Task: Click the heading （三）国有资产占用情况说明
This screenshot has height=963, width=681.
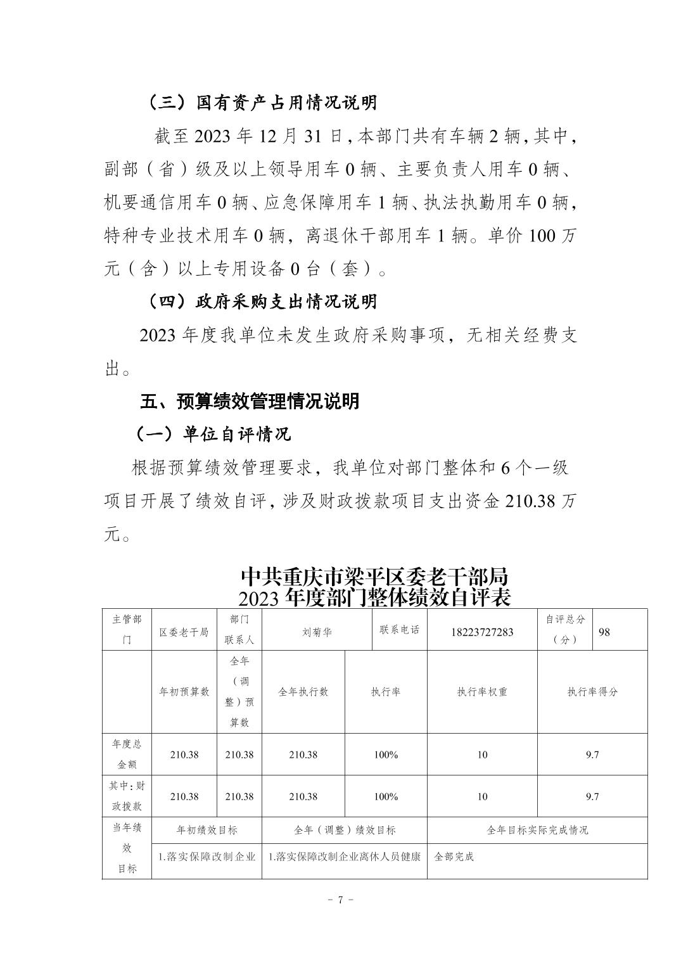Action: pyautogui.click(x=262, y=103)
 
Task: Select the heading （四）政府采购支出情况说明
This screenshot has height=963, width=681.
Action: pyautogui.click(x=262, y=302)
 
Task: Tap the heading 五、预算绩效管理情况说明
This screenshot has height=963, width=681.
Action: pyautogui.click(x=250, y=401)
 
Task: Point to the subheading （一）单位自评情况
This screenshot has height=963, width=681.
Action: pyautogui.click(x=213, y=434)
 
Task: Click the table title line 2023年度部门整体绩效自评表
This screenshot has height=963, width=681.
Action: pyautogui.click(x=374, y=597)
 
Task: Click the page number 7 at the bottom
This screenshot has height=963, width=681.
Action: pyautogui.click(x=340, y=900)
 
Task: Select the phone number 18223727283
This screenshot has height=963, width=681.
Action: pyautogui.click(x=482, y=632)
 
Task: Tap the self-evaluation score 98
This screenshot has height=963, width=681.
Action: pyautogui.click(x=604, y=632)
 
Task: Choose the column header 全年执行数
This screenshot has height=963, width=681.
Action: pyautogui.click(x=303, y=692)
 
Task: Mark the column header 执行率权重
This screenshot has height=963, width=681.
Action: pyautogui.click(x=482, y=692)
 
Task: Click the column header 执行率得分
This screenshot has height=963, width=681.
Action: pyautogui.click(x=592, y=692)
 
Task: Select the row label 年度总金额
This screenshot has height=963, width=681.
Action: pyautogui.click(x=127, y=755)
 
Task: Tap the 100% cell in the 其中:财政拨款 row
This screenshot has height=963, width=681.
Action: pyautogui.click(x=385, y=796)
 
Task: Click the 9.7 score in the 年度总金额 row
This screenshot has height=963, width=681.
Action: pyautogui.click(x=592, y=755)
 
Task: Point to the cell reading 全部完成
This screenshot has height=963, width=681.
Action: pyautogui.click(x=454, y=857)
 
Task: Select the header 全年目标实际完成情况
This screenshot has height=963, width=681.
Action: pyautogui.click(x=537, y=830)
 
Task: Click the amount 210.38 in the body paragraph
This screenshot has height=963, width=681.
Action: pyautogui.click(x=531, y=501)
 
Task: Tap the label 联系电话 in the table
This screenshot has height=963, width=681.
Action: pyautogui.click(x=399, y=630)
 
